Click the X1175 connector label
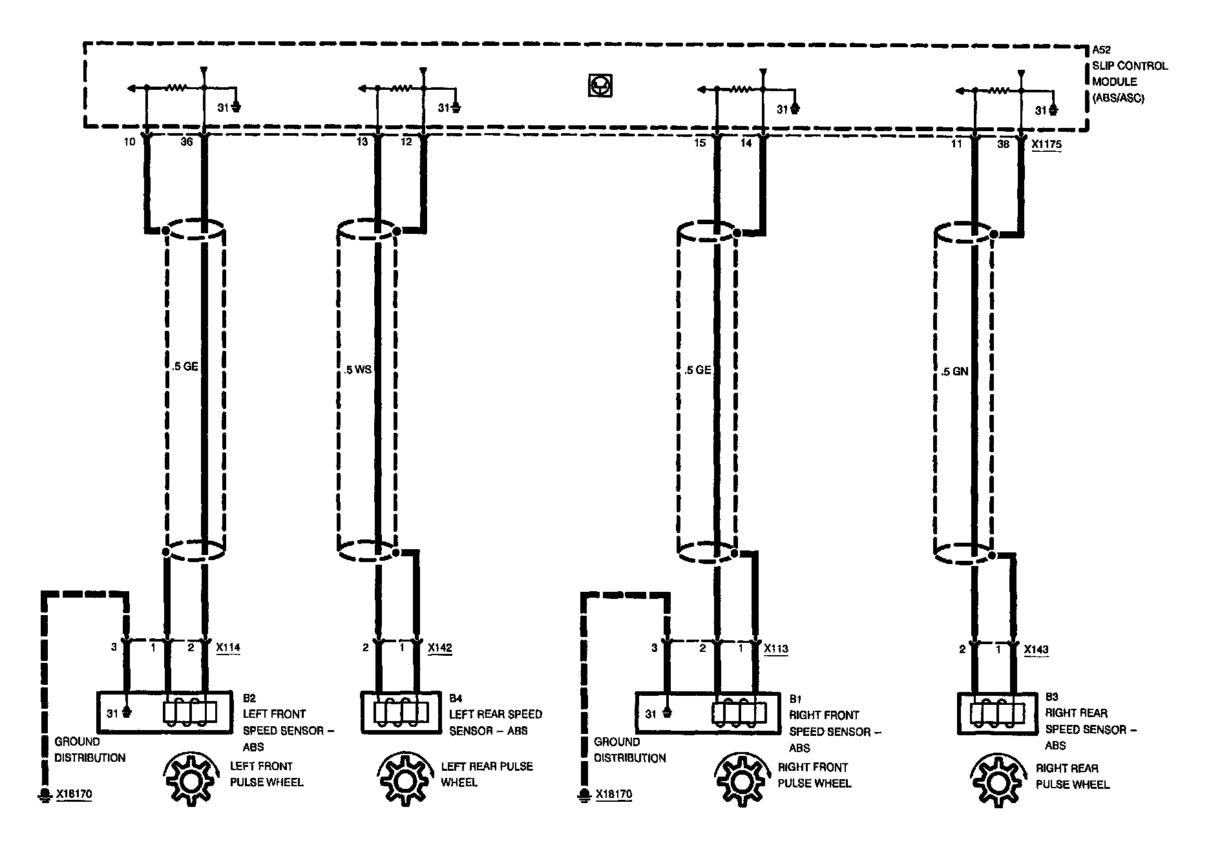pos(1046,145)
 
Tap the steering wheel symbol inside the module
pos(600,86)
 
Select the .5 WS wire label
pos(358,370)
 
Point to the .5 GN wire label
pos(954,371)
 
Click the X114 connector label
pos(228,647)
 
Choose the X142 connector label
pos(440,647)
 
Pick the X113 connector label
pos(776,649)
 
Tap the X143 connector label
pos(1036,649)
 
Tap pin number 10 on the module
pos(130,141)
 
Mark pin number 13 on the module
pos(362,141)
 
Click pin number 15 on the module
pos(700,143)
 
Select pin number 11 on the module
pos(956,143)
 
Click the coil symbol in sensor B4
pos(401,712)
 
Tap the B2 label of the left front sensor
pos(249,698)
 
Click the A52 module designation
pos(1102,50)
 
